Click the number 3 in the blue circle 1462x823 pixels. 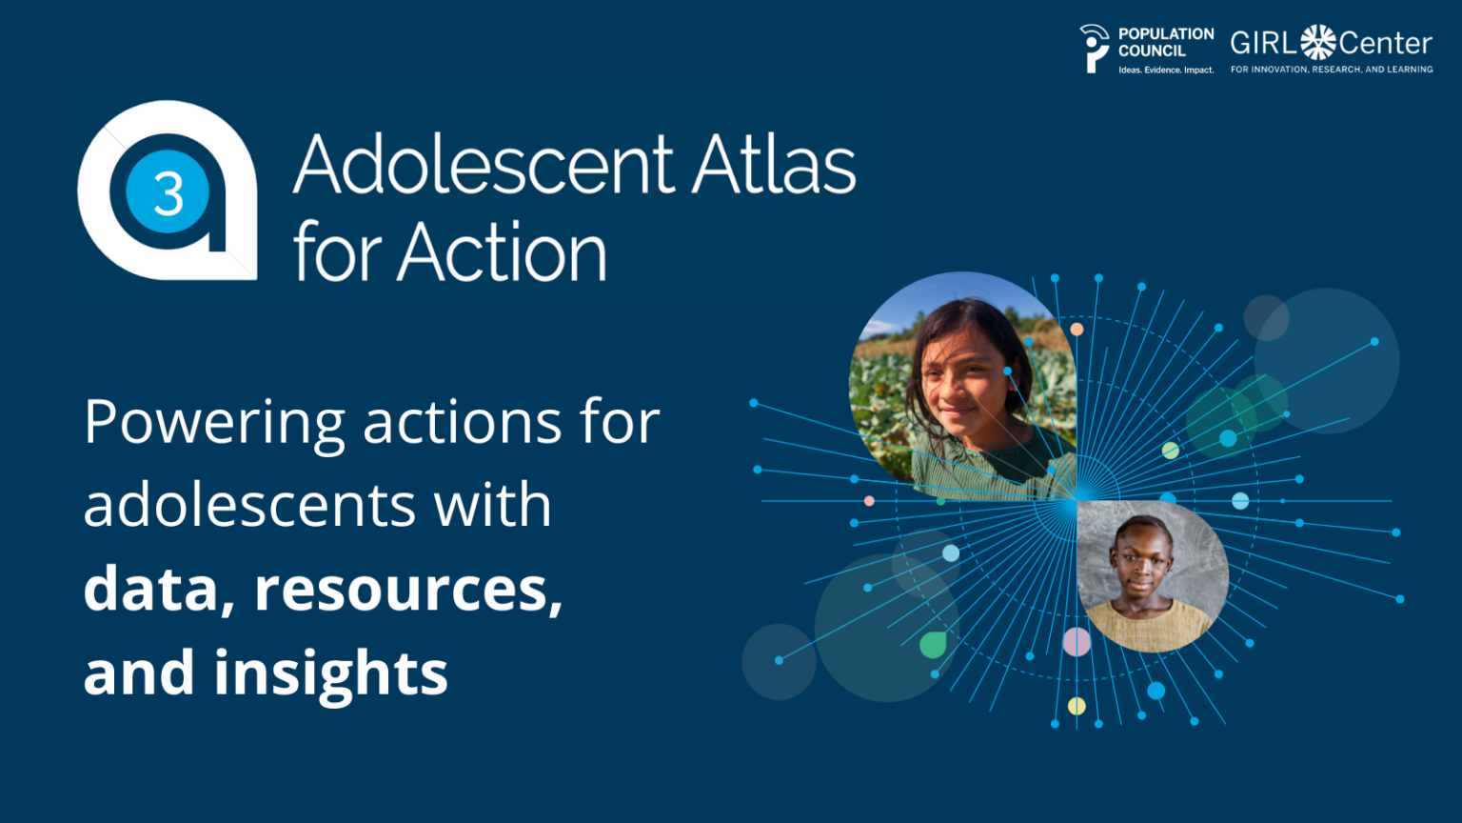coord(168,193)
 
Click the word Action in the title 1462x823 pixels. coord(502,251)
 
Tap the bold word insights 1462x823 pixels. coord(331,672)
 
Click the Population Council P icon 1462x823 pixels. coord(1095,49)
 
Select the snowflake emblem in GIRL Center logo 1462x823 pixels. coord(1318,43)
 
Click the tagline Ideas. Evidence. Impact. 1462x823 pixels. coord(1166,70)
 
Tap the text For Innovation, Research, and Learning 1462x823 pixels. coord(1332,70)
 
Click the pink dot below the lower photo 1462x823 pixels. coord(1077,641)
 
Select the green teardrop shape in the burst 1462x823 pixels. coord(934,645)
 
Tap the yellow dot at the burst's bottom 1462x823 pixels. coord(1077,706)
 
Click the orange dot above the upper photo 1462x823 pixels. coord(1077,330)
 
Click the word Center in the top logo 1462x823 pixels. coord(1386,44)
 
